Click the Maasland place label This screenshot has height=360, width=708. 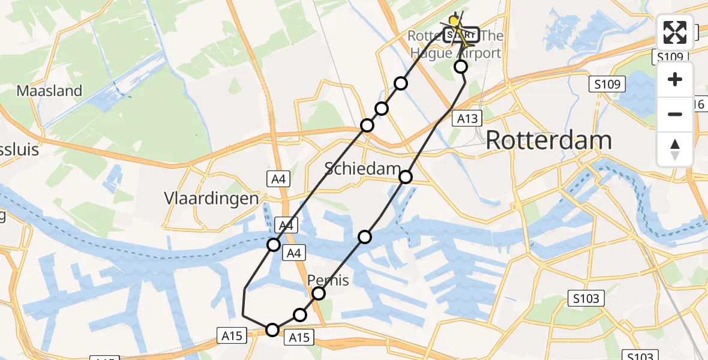click(49, 91)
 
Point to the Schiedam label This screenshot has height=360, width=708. click(362, 169)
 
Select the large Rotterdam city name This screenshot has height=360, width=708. click(548, 141)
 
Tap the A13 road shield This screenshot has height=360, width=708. click(467, 118)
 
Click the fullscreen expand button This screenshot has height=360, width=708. click(675, 33)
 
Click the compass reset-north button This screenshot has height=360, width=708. click(675, 149)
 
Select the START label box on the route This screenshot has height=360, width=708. click(461, 35)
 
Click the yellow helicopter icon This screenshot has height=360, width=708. click(454, 22)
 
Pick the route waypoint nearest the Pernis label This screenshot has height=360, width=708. click(319, 293)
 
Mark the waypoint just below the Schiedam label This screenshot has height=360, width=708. click(406, 176)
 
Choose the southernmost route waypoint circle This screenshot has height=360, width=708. click(272, 329)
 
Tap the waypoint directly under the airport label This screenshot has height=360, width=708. click(461, 67)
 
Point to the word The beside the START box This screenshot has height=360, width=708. click(492, 36)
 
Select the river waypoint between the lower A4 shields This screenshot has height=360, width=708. click(274, 245)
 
